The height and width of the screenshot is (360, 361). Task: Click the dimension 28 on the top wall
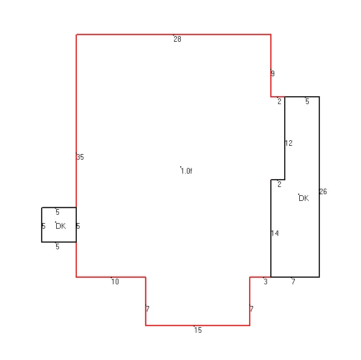177,39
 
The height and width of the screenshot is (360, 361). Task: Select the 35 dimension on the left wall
80,157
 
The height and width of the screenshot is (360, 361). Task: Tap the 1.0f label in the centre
186,171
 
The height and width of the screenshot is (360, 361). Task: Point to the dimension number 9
273,73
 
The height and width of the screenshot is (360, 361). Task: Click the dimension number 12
289,143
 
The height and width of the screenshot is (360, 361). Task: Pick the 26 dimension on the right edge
323,191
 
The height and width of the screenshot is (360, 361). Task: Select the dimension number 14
275,233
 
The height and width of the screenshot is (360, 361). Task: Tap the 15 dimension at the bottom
198,330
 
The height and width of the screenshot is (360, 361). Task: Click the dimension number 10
115,282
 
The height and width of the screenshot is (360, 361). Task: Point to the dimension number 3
266,282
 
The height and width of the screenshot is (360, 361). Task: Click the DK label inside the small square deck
61,226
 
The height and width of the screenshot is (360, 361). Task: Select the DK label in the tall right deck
304,198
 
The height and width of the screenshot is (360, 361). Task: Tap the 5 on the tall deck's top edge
307,101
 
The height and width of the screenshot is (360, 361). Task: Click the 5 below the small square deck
57,246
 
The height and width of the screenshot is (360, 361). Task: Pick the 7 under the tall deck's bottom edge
293,282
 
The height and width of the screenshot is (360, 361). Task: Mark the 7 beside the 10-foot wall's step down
147,309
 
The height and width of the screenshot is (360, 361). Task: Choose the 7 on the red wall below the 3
251,309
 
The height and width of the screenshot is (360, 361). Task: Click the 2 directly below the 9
279,101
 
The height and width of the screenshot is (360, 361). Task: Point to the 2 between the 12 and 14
279,184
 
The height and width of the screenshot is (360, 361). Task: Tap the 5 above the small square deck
57,212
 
